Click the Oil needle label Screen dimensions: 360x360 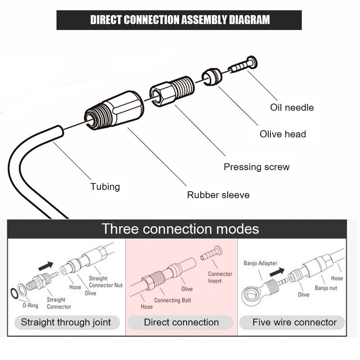click(292, 108)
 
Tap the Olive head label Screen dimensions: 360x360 click(283, 134)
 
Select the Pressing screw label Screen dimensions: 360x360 click(256, 167)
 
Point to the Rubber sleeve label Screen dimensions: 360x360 click(218, 195)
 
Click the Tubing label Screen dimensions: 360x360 click(105, 186)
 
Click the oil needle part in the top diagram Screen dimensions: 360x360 click(243, 65)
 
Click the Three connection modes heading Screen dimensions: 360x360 click(180, 229)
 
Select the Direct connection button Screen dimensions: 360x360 click(181, 322)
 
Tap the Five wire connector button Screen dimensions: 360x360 click(294, 322)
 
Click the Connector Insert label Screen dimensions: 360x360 click(220, 277)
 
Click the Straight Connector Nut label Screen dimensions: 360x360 click(105, 282)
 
